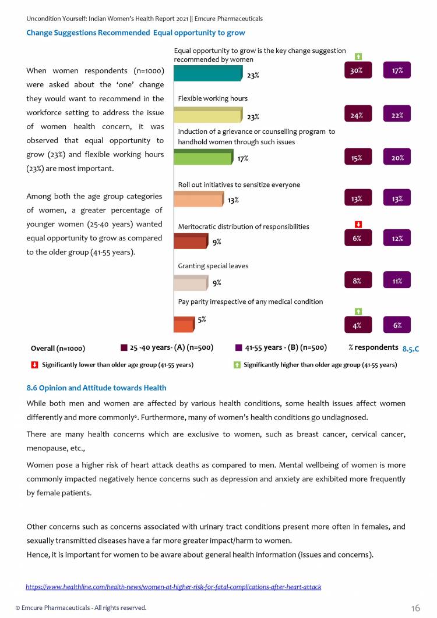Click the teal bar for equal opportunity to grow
208,73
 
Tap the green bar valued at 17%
203,157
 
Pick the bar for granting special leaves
191,283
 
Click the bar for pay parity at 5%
184,325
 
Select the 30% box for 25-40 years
357,70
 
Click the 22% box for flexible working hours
397,115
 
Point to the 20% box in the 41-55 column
397,157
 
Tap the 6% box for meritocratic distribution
357,239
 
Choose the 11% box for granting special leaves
397,281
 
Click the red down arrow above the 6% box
359,224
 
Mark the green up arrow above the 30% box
359,56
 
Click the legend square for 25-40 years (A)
124,347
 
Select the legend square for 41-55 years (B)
238,347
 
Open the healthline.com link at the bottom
174,587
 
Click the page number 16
415,608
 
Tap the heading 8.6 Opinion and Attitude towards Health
96,388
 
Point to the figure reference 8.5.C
411,349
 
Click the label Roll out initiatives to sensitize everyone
239,184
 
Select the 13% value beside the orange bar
233,200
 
